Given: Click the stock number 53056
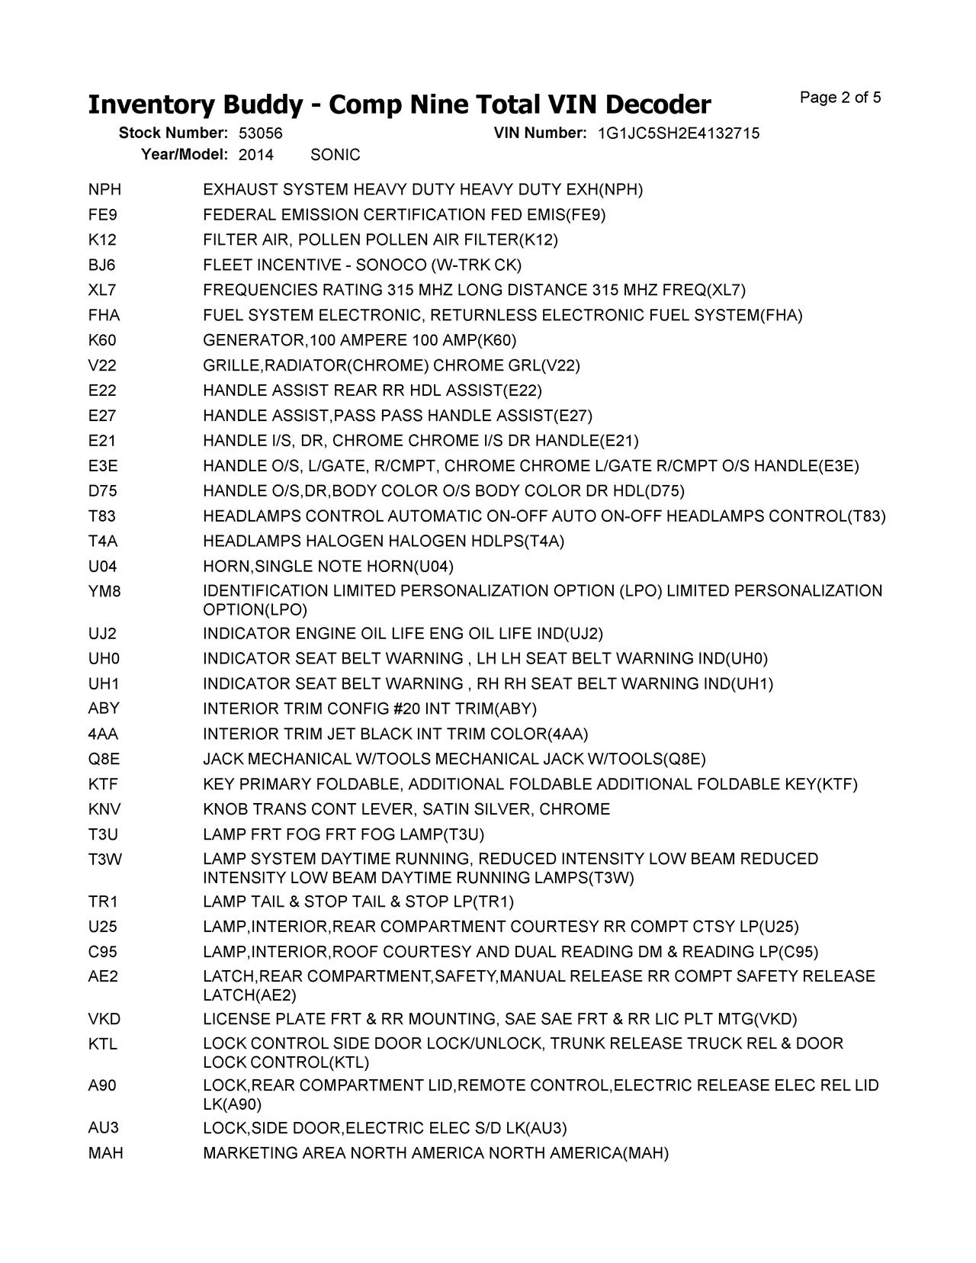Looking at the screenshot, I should point(260,133).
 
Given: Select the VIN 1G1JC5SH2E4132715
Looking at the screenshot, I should point(678,133).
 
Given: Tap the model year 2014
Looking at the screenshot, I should point(255,155).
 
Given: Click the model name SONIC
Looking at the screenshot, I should point(335,155).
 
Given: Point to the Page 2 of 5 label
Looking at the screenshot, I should point(840,98).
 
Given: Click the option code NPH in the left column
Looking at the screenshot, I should point(104,190).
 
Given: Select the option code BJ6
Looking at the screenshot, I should point(102,265).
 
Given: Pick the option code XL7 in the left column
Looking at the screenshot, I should point(102,291).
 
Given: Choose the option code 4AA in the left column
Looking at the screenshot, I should point(103,734).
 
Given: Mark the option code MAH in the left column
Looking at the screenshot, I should point(105,1153).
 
